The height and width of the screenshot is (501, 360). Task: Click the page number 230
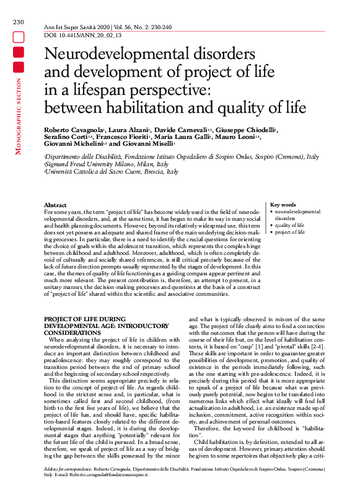click(18, 22)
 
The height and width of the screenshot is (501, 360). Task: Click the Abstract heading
click(56, 205)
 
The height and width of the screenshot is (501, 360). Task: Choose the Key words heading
click(283, 205)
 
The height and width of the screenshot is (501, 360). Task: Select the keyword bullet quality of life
click(289, 225)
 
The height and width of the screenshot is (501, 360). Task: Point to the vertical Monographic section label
click(18, 118)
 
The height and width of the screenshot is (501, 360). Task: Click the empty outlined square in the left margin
click(18, 37)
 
